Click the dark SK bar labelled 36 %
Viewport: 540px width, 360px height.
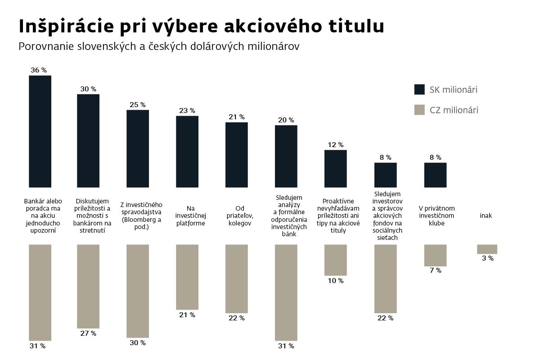point(40,131)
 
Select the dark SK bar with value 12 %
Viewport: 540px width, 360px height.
point(336,168)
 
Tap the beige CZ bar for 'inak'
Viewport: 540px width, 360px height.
point(487,249)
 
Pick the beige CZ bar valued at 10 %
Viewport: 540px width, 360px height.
point(336,260)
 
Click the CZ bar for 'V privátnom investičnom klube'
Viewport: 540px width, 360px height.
point(435,255)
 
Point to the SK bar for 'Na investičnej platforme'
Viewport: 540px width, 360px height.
point(187,151)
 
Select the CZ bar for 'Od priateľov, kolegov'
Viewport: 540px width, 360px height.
point(237,279)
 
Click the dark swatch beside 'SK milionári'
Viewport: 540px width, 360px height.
point(419,90)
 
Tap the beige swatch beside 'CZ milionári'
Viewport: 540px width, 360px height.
point(419,110)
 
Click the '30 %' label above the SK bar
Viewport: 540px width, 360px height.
point(88,89)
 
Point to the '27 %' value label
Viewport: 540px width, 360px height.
point(88,333)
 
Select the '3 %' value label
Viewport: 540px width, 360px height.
point(487,258)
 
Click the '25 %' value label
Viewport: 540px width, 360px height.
point(138,105)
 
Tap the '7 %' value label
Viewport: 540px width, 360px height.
point(435,270)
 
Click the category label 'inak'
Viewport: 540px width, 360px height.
point(486,216)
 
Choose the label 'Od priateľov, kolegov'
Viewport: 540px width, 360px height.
point(239,216)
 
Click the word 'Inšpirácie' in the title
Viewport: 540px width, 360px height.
point(65,26)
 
